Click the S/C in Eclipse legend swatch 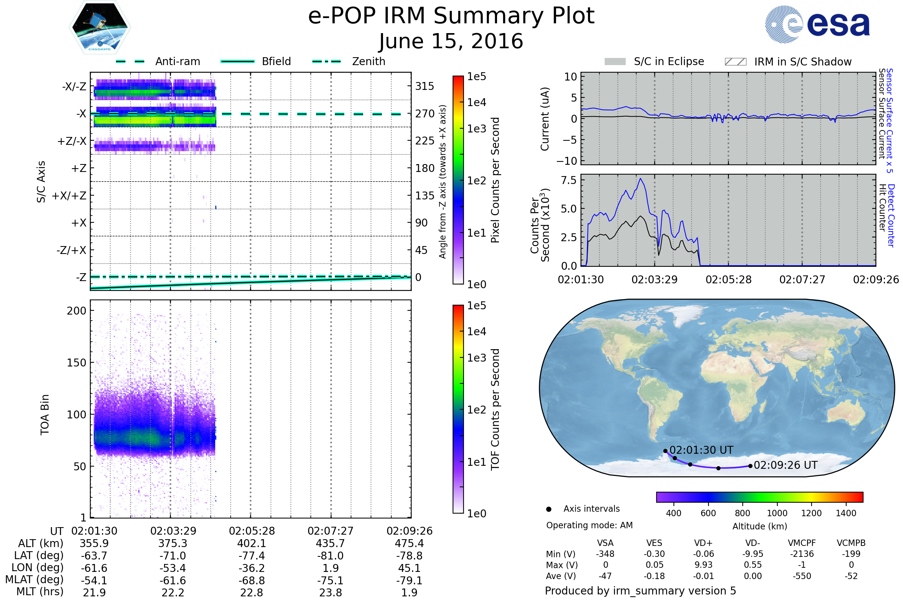615,62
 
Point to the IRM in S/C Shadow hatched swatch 735,62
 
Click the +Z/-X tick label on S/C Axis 72,141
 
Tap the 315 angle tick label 424,87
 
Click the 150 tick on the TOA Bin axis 76,363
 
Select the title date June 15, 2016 451,41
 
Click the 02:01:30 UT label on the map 701,450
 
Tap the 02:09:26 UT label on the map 786,465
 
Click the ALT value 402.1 251,544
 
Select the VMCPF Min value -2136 802,554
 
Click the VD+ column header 703,543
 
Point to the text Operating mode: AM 589,525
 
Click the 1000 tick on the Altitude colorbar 777,513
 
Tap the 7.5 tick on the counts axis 569,181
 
